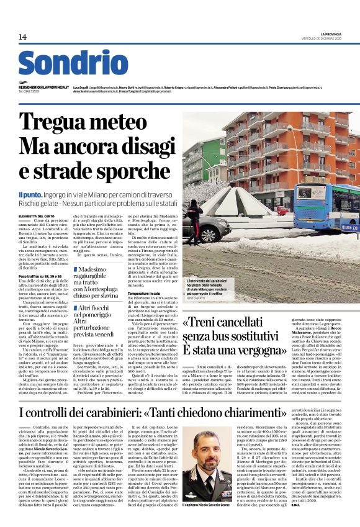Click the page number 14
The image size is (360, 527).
pos(23,37)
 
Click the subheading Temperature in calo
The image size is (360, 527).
pos(144,309)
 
